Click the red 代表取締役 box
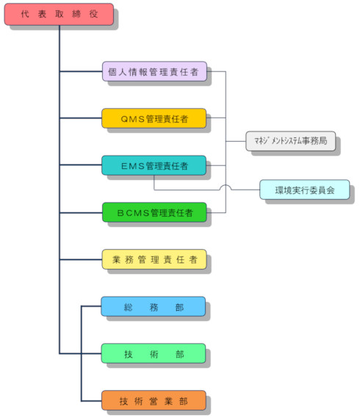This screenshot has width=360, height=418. pos(59,14)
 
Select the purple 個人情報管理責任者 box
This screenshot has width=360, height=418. pos(154,71)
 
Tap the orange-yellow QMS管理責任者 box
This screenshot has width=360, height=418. pos(154,118)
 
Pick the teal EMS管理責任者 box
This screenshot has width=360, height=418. pos(154,165)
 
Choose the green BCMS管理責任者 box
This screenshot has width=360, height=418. pos(154,212)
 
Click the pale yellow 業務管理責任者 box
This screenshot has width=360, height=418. pos(154,259)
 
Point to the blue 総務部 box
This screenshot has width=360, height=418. pos(154,306)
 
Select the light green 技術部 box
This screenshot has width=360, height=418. pos(154,353)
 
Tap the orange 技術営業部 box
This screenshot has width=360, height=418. pos(154,400)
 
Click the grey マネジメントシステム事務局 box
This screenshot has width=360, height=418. pos(291,141)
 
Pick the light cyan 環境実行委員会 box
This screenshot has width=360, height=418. pos(305,190)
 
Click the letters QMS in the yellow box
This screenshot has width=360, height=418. pos(132,119)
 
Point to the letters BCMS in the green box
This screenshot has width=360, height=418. pos(133,213)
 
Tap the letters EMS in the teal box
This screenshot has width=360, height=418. pos(132,166)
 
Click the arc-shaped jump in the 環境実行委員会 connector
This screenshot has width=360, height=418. pos(226,187)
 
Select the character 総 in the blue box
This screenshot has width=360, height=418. pos(129,307)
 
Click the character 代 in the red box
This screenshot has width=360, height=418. pos(25,14)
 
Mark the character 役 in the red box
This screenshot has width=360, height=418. pos(93,14)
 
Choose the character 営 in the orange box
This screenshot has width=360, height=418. pos(154,401)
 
